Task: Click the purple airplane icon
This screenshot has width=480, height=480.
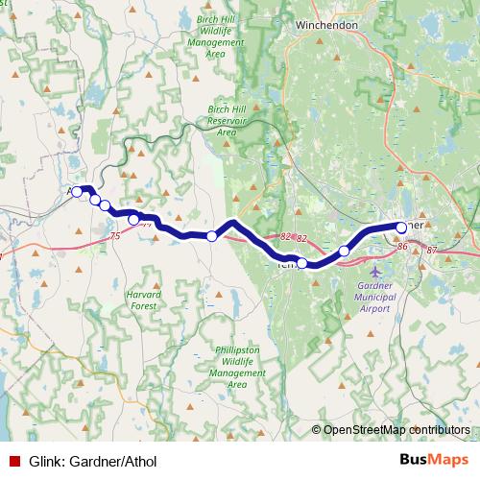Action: coord(375,271)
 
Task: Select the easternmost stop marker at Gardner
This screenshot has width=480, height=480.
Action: coord(401,228)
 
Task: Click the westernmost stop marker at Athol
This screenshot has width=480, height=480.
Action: coord(77,192)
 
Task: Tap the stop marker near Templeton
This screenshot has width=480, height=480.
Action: coord(301,263)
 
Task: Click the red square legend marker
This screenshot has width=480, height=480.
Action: coord(13,459)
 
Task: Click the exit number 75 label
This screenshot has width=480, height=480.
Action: coord(115,235)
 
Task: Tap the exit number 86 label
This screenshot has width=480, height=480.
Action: coord(402,248)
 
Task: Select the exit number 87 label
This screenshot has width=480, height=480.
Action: coord(432,250)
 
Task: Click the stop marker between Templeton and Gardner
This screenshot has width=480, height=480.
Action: coord(344,252)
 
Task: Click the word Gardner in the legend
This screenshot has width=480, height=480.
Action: coord(94,459)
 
